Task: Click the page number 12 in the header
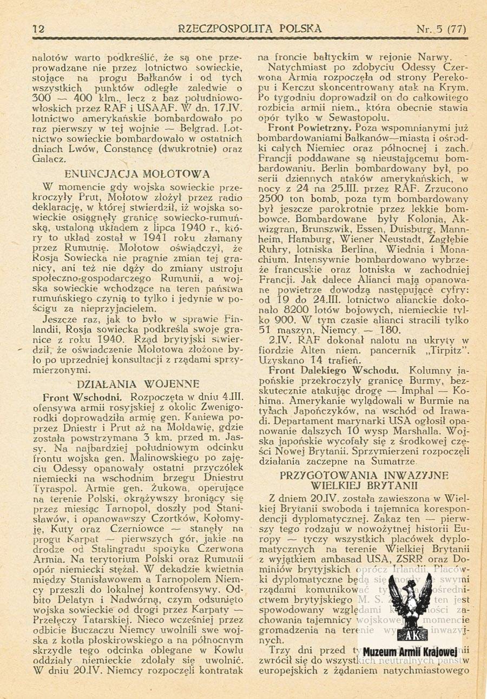click(x=38, y=29)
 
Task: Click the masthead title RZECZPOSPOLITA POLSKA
click(x=249, y=28)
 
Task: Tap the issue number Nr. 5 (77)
click(x=441, y=29)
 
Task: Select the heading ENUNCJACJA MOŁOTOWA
click(x=137, y=174)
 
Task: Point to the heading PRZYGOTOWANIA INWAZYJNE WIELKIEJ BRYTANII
click(x=364, y=480)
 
